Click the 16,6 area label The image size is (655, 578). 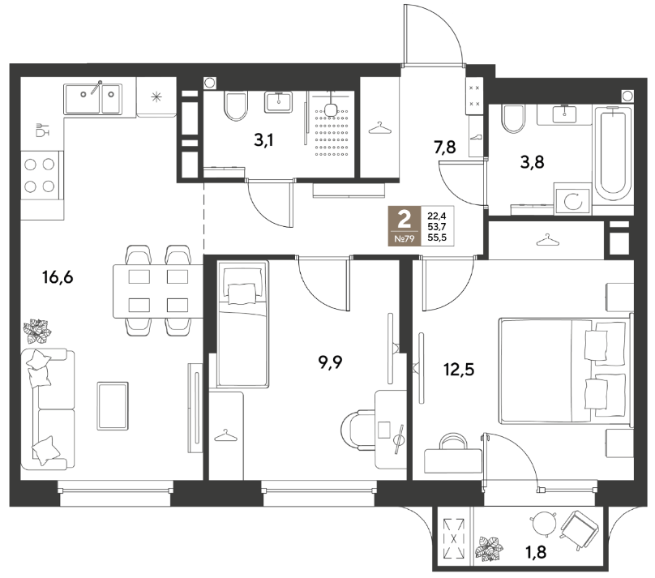(58, 277)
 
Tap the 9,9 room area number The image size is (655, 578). (330, 363)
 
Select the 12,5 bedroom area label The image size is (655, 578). (459, 370)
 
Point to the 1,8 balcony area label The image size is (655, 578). (536, 553)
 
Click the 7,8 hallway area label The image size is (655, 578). (444, 147)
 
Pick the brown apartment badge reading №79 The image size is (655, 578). (405, 225)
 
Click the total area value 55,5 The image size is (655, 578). (437, 238)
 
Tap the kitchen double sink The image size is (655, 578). (92, 99)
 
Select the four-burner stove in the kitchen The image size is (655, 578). (40, 175)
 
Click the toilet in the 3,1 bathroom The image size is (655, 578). (236, 106)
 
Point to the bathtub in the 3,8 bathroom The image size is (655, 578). (612, 155)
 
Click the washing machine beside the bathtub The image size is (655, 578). (572, 200)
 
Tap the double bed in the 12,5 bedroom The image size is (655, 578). (566, 370)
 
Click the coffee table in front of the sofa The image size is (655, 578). (113, 406)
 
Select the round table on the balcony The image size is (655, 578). (543, 524)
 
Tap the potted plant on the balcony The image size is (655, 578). (489, 549)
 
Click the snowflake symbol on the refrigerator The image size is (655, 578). (156, 98)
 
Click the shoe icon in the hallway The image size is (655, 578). (476, 136)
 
